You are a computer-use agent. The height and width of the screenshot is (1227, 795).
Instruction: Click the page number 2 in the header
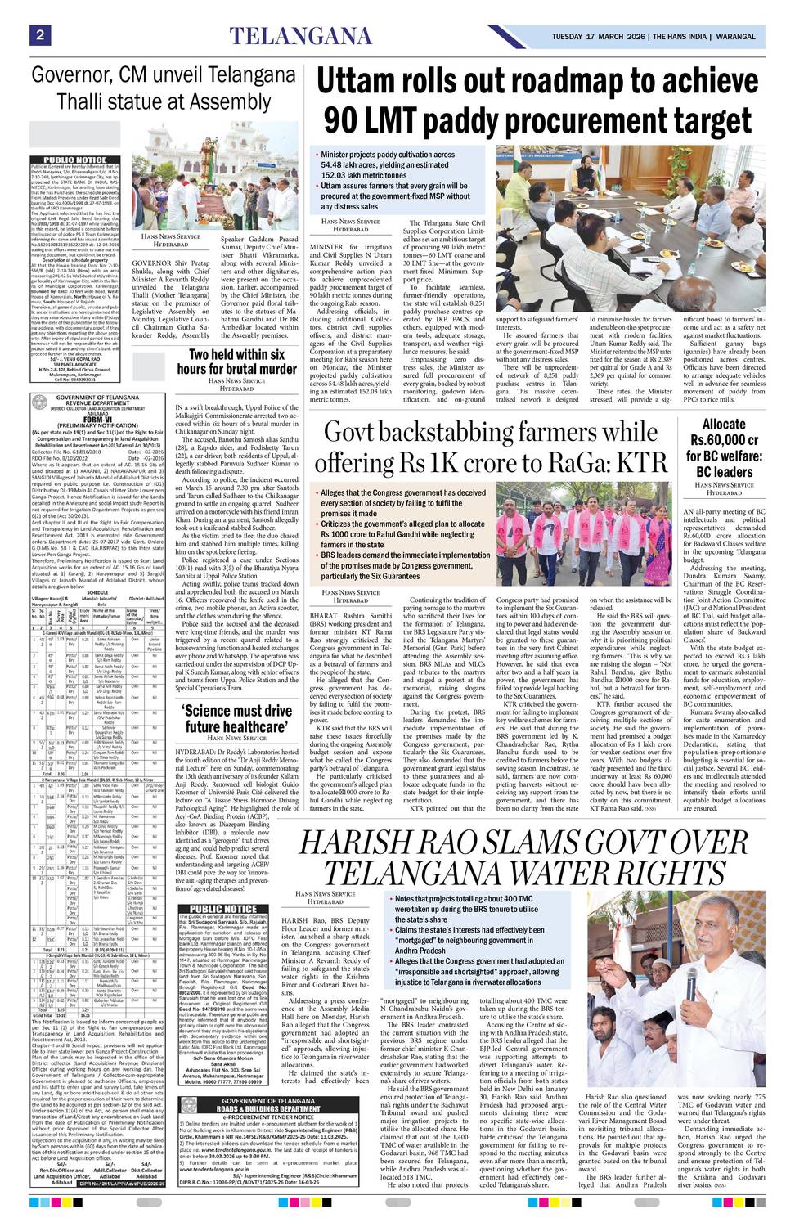(38, 34)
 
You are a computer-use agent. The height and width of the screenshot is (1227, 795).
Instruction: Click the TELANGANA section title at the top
(300, 36)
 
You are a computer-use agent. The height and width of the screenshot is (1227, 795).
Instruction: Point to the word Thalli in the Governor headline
(69, 102)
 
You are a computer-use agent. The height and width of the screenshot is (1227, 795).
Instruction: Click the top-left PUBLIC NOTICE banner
(74, 160)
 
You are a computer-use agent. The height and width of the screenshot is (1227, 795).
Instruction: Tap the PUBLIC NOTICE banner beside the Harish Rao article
(222, 909)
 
